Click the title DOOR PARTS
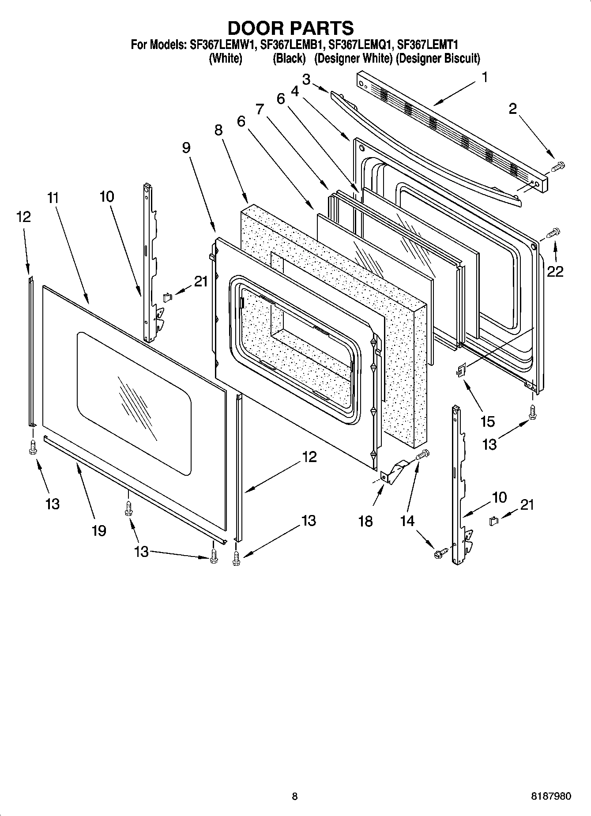(x=290, y=28)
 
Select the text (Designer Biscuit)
(x=437, y=58)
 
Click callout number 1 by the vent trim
(x=485, y=78)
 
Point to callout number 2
(x=512, y=109)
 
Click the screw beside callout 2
(x=558, y=166)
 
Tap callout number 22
(x=555, y=271)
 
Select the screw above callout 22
(x=553, y=232)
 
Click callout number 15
(x=487, y=421)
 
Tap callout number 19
(x=98, y=530)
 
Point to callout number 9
(x=186, y=147)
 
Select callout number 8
(x=218, y=130)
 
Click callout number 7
(x=259, y=109)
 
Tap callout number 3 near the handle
(x=306, y=79)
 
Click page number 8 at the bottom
(x=294, y=797)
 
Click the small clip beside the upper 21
(x=167, y=297)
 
